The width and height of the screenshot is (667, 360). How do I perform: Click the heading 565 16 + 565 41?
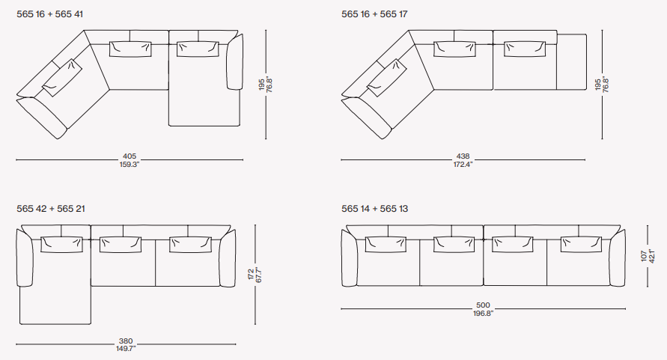[49, 14]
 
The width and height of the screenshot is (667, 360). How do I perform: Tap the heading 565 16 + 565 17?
[374, 14]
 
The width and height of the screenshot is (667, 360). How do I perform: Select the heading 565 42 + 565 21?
[51, 209]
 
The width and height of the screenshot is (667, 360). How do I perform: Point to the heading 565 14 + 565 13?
[375, 209]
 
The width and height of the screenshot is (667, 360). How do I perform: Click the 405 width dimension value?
[130, 156]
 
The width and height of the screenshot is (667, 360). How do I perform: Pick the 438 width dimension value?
[463, 156]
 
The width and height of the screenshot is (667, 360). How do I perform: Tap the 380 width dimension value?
[126, 341]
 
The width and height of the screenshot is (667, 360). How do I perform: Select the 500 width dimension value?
[484, 305]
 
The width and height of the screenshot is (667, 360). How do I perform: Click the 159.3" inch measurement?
[130, 164]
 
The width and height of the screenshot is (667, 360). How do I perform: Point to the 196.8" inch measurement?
[484, 313]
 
